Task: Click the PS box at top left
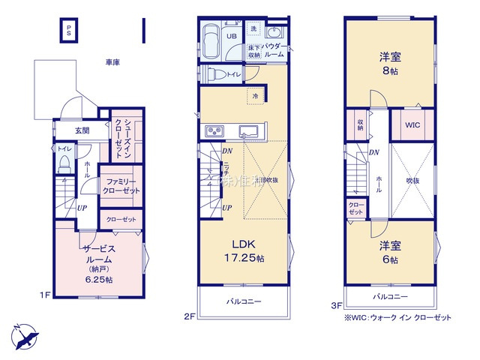pos(68,31)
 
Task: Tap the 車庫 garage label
pos(112,63)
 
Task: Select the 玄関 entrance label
pos(82,130)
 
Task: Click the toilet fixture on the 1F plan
pos(64,162)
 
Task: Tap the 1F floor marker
pos(44,295)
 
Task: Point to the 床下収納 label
pos(254,51)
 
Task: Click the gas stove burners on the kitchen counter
pos(212,133)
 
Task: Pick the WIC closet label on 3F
pos(412,125)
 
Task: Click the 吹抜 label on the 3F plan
pos(412,180)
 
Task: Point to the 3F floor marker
pos(337,305)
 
